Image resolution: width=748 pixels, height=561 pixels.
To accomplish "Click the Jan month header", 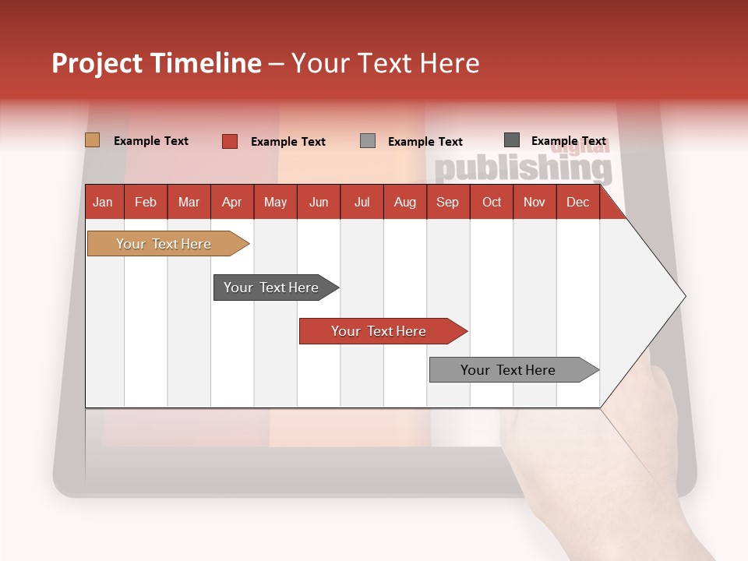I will click(104, 202).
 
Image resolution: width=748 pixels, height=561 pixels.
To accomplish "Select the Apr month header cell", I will click(232, 202).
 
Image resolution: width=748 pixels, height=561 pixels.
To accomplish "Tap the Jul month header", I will click(362, 202).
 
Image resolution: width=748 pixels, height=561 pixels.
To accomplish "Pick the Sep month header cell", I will click(448, 202).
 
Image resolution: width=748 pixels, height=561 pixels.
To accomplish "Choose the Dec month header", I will click(577, 202).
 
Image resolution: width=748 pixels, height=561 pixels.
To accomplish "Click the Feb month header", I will click(146, 202).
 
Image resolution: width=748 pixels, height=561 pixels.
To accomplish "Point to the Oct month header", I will click(492, 202).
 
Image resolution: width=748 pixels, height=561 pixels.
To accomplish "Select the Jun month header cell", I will click(319, 202).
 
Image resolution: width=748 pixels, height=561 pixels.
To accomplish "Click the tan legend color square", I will click(92, 140).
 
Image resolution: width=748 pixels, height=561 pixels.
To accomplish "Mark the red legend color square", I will click(229, 141).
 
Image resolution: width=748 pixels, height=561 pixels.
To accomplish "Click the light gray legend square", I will click(368, 141).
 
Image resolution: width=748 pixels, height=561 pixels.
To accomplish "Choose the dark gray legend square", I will click(512, 140).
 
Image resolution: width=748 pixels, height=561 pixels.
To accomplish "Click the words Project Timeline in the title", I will click(157, 63).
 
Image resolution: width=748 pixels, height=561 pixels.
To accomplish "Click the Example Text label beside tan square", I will click(151, 141).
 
